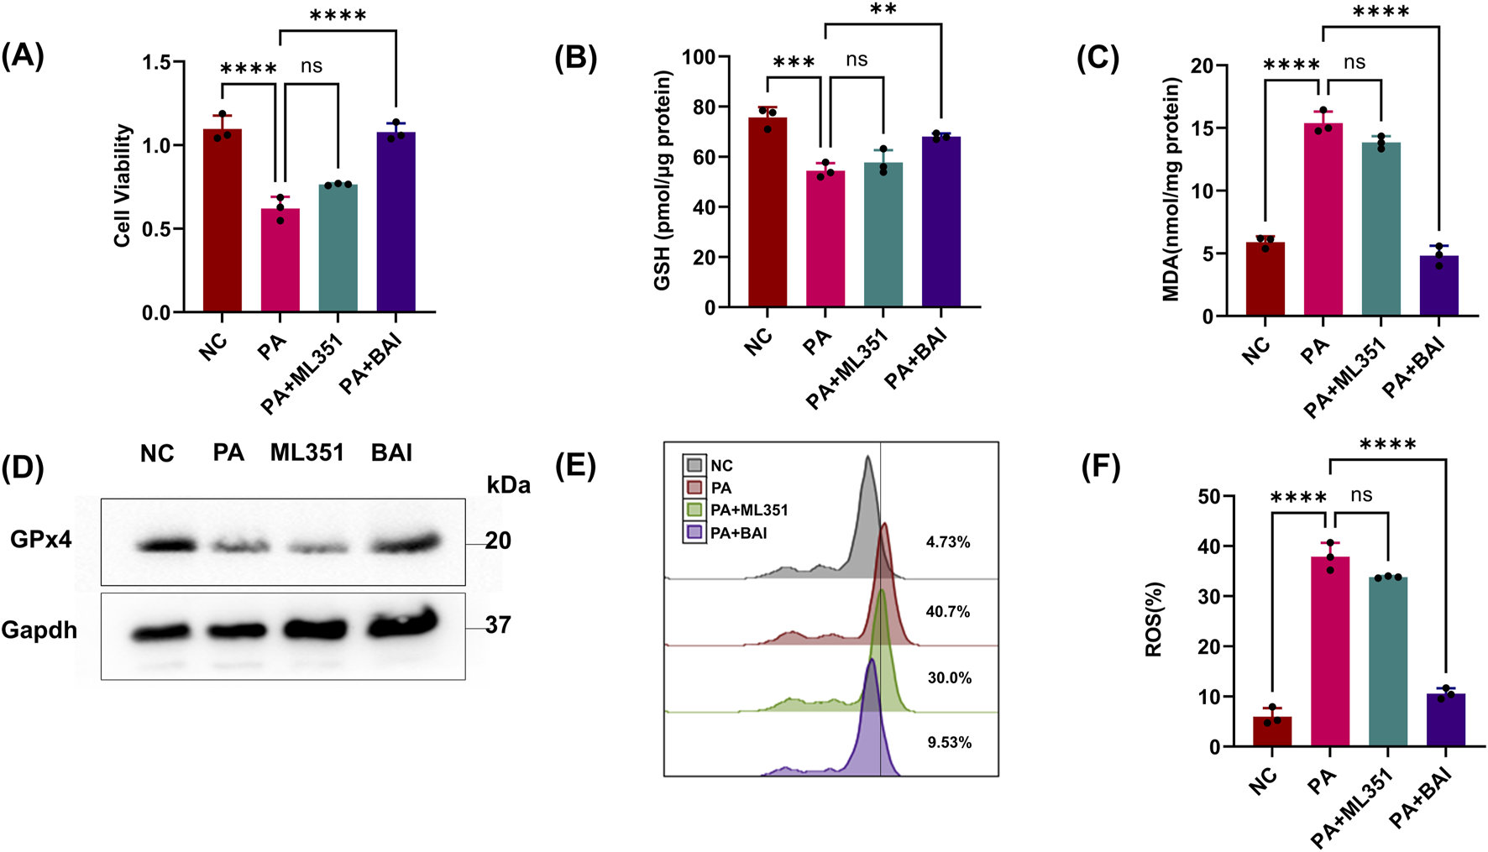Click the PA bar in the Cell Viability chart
coord(280,261)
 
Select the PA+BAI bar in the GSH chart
coord(940,222)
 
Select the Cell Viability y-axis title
coord(123,186)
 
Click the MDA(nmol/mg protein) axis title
coord(1171,190)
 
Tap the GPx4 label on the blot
coord(40,540)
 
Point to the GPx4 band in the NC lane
coord(165,546)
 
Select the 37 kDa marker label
coord(498,625)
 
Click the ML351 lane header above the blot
coord(307,453)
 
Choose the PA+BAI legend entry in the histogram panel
coord(726,533)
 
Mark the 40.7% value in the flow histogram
coord(947,612)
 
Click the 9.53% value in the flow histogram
coord(949,742)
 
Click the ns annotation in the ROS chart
coord(1361,495)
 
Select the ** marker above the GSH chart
coord(883,10)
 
